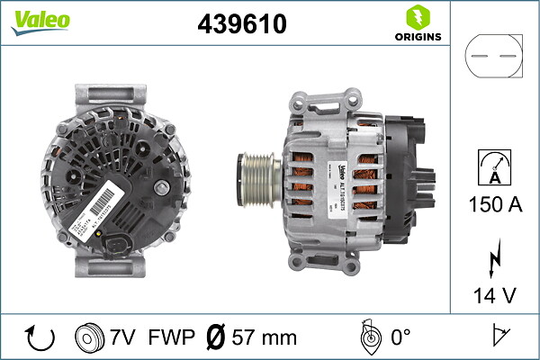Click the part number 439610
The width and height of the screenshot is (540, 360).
coord(241,25)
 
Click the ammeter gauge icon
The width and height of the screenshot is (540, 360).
coord(492,167)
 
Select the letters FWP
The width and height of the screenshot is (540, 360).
coord(170,337)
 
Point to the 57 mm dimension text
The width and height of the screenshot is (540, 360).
coord(265,337)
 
